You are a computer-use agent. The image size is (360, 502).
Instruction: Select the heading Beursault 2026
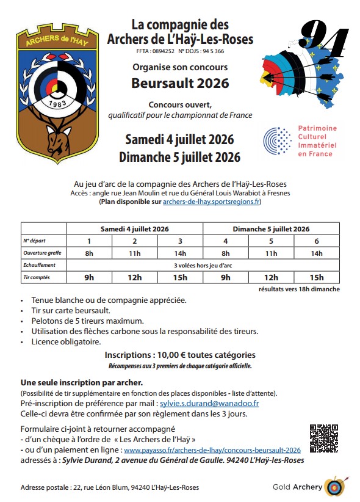coord(180,82)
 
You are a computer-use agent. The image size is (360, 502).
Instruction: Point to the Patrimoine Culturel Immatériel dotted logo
coord(278,141)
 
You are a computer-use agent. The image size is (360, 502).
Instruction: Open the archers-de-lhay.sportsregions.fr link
coord(212,201)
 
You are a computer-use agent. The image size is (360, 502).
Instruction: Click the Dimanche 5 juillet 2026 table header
coord(271,228)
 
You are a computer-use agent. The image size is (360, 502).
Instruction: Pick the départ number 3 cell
coord(180,241)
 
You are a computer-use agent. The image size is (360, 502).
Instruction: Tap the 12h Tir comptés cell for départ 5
coord(271,277)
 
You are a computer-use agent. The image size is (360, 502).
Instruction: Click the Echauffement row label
coord(40,265)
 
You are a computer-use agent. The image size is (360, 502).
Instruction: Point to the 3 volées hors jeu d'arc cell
coord(203,265)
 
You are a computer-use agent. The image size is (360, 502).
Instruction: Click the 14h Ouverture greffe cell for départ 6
coord(316,253)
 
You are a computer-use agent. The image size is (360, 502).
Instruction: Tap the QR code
coord(323,438)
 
